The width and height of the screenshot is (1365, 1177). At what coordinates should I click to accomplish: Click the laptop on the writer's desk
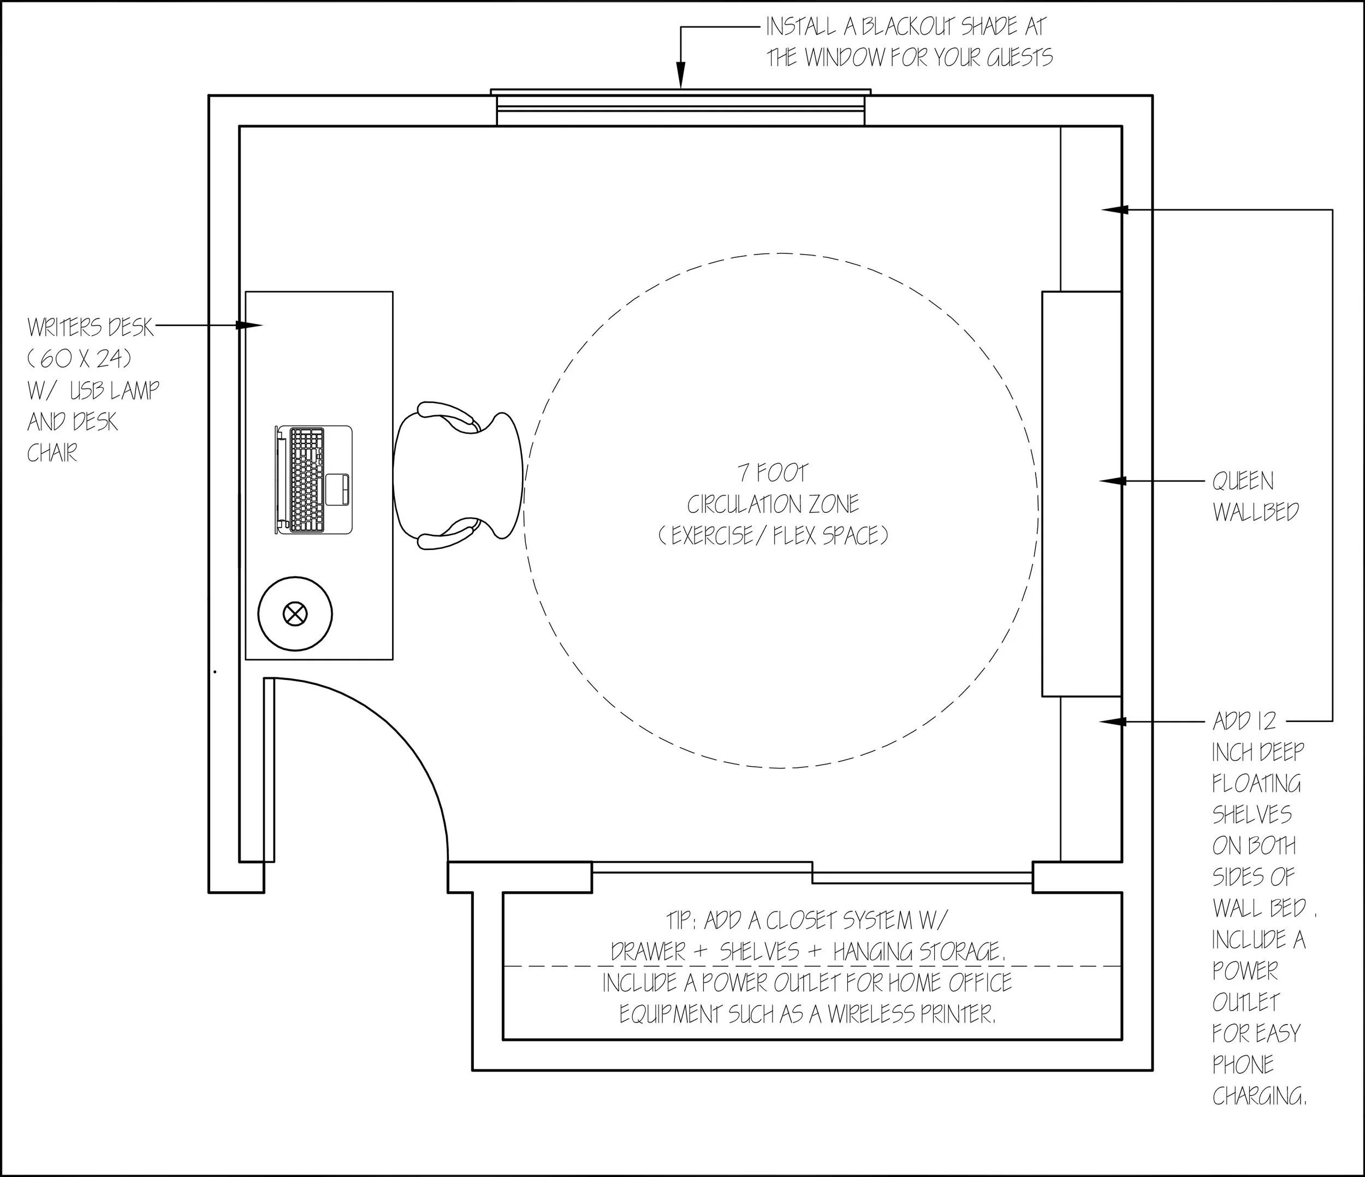(x=313, y=479)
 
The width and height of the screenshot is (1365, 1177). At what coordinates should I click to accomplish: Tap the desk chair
(x=458, y=475)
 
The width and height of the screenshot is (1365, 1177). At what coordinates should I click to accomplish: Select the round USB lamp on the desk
(x=294, y=614)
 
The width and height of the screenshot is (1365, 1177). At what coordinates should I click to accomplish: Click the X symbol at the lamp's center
(x=294, y=614)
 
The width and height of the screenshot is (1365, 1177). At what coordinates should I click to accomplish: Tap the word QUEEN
(x=1243, y=482)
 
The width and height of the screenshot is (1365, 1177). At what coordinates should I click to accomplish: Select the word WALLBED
(x=1256, y=512)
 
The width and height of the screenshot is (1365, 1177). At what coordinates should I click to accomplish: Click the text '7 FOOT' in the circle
(x=772, y=472)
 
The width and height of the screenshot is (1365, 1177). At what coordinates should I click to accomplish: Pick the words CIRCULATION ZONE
(x=773, y=504)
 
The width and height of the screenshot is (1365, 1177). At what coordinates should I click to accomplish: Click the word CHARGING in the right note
(x=1259, y=1096)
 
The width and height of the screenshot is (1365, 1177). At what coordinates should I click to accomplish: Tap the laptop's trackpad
(x=339, y=488)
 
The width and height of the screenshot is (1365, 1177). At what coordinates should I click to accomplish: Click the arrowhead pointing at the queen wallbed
(x=1111, y=482)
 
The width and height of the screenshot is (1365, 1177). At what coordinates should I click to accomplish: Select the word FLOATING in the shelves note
(x=1256, y=783)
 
